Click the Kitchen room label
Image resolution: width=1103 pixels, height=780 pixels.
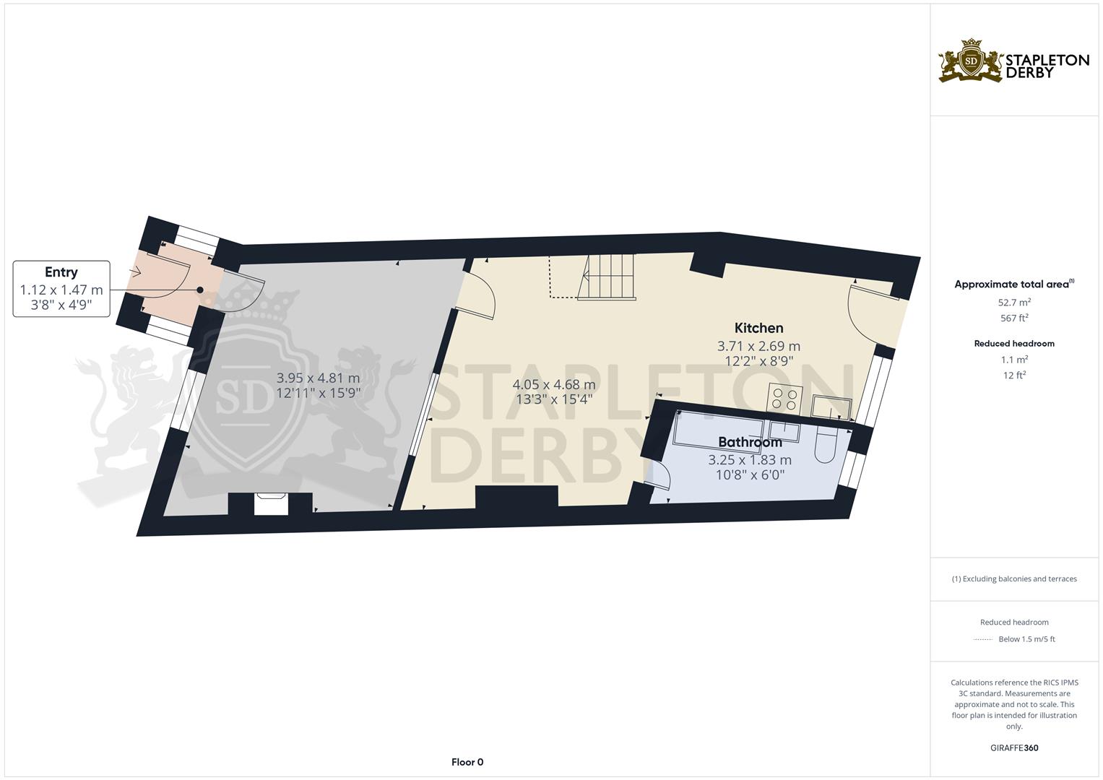click(758, 328)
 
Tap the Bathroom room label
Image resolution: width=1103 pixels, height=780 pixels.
click(750, 442)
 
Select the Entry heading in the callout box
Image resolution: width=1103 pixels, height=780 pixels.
click(61, 272)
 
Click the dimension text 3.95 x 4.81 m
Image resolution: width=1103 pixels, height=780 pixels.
click(318, 378)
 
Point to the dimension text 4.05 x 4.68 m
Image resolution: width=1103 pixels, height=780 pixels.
click(554, 384)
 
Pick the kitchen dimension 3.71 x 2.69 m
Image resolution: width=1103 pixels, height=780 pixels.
click(758, 346)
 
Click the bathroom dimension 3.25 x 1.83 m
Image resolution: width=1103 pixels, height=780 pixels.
click(750, 460)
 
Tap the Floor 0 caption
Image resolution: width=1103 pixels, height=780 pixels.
click(467, 762)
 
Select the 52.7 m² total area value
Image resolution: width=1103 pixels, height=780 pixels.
click(1014, 303)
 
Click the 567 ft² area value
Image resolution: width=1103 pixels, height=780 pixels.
click(1014, 318)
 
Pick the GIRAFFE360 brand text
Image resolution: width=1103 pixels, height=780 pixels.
click(1014, 748)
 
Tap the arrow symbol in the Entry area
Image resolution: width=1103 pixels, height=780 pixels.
click(134, 272)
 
